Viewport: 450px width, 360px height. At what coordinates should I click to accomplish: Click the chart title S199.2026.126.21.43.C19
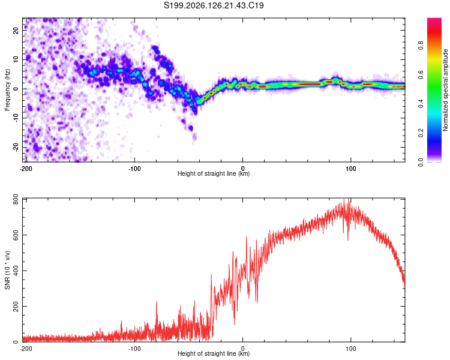pos(214,5)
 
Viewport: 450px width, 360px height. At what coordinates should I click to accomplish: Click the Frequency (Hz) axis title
pos(7,90)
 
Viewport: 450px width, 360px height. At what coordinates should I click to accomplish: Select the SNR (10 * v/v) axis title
pos(7,270)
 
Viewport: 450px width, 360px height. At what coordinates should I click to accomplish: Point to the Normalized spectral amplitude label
pos(445,90)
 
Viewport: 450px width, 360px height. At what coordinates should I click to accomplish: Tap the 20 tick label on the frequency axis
pos(16,30)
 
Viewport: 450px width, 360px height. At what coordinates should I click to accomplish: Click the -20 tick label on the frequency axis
pos(16,147)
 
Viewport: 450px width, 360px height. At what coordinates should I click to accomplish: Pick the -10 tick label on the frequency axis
pos(16,118)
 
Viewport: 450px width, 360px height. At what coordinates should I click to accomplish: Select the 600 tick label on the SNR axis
pos(16,235)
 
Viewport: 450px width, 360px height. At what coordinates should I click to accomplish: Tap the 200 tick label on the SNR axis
pos(16,306)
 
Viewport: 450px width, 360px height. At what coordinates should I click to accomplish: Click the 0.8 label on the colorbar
pos(421,46)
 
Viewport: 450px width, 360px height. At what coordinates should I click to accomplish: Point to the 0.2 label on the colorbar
pos(421,133)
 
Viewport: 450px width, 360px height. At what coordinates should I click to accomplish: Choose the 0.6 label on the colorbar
pos(421,74)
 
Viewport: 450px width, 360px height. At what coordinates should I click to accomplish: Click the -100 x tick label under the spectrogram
pos(134,169)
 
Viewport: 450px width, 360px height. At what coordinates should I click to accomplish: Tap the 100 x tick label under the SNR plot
pos(351,349)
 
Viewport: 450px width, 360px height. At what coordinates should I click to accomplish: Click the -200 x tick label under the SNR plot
pos(26,349)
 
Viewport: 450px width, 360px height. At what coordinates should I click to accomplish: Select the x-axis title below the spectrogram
pos(214,173)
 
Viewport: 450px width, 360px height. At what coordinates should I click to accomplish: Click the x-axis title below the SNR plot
pos(214,353)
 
